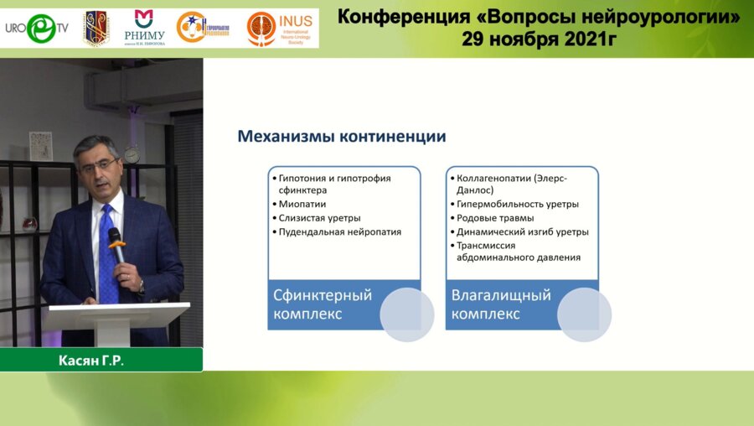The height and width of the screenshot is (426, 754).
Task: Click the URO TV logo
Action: click(38, 28)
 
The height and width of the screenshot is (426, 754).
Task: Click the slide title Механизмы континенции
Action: click(341, 136)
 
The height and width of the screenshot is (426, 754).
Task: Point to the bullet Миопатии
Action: click(302, 204)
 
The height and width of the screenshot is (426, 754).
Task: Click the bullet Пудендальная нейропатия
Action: click(339, 231)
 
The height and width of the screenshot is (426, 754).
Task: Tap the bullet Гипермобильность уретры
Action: click(517, 204)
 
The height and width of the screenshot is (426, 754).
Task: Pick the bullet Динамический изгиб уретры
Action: click(522, 231)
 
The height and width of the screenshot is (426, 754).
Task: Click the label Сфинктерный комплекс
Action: click(323, 304)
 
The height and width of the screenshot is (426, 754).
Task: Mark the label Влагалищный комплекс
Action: click(501, 304)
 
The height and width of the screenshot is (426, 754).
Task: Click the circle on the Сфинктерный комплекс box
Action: click(407, 314)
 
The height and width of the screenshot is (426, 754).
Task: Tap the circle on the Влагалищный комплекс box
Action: click(584, 314)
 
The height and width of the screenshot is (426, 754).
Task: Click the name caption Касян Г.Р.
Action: click(101, 360)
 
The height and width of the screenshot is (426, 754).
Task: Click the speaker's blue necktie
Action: click(107, 252)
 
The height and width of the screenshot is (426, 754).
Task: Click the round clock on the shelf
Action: click(132, 155)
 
